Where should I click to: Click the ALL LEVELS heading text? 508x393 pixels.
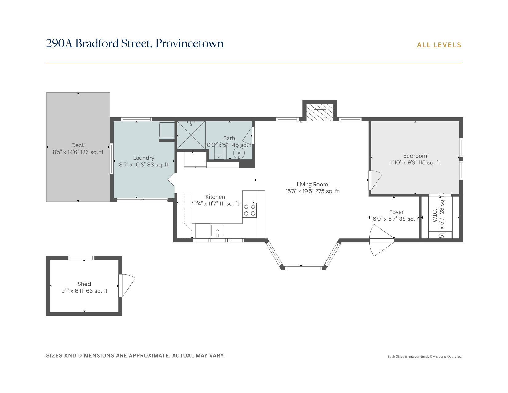(x=439, y=45)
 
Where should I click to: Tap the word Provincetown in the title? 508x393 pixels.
(x=189, y=43)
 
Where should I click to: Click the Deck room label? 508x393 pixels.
(x=78, y=145)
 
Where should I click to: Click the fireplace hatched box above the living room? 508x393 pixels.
(x=320, y=113)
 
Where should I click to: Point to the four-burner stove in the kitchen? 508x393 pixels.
(x=250, y=210)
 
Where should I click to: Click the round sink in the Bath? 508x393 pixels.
(x=239, y=153)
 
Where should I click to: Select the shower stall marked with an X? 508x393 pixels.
(x=191, y=135)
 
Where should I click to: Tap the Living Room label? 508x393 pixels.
(x=312, y=184)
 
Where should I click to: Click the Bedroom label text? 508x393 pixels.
(x=415, y=156)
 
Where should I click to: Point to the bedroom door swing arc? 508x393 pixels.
(x=376, y=180)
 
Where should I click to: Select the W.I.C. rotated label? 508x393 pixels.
(x=435, y=215)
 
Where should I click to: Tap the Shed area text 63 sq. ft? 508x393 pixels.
(x=97, y=291)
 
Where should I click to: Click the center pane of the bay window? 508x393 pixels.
(x=303, y=268)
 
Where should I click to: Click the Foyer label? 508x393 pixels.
(x=396, y=212)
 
